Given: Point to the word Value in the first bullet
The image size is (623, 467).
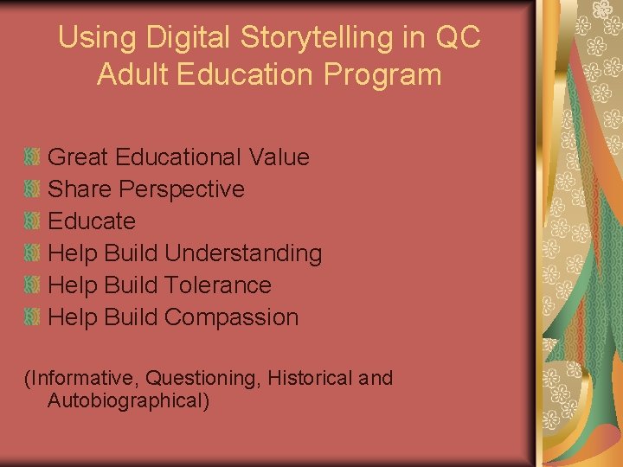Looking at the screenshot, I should pyautogui.click(x=279, y=157).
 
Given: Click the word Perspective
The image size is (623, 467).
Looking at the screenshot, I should pyautogui.click(x=182, y=189).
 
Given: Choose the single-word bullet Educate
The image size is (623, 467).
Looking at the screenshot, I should pyautogui.click(x=92, y=221).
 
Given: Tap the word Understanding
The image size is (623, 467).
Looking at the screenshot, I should pyautogui.click(x=243, y=253).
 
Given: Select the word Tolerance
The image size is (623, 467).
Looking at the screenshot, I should pyautogui.click(x=217, y=285).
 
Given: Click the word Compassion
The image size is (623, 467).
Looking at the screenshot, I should pyautogui.click(x=231, y=317).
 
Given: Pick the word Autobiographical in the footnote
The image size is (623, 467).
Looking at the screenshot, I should pyautogui.click(x=129, y=401).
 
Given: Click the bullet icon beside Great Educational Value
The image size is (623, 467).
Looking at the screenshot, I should pyautogui.click(x=33, y=157).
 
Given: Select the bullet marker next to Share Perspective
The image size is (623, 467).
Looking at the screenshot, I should pyautogui.click(x=33, y=189).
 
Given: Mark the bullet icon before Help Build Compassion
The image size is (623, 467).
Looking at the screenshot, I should pyautogui.click(x=33, y=317).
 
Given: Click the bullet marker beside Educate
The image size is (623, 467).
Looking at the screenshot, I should pyautogui.click(x=33, y=221).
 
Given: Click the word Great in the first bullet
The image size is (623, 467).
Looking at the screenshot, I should pyautogui.click(x=78, y=157).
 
